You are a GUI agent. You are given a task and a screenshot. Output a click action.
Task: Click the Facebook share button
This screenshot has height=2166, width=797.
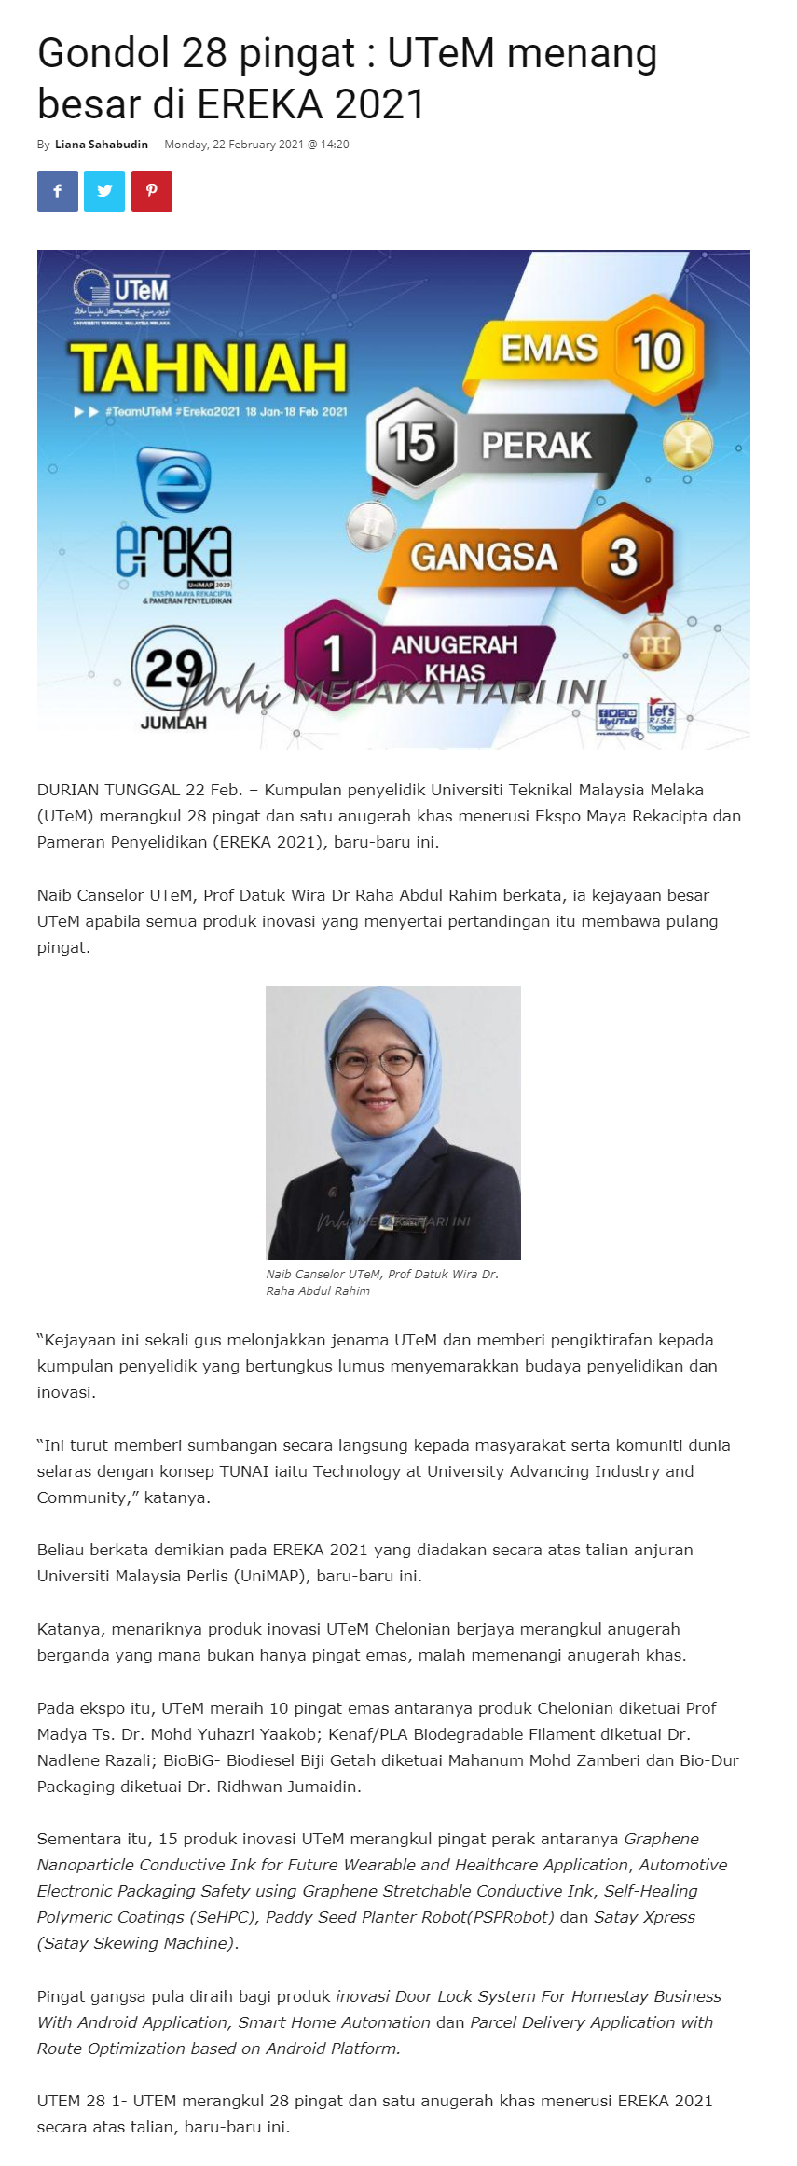58,191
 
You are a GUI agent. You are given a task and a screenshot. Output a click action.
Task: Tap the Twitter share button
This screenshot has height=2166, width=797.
104,191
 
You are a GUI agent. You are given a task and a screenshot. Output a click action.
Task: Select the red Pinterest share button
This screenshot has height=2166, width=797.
152,191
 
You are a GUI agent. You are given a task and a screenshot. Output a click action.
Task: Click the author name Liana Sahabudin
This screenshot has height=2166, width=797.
101,145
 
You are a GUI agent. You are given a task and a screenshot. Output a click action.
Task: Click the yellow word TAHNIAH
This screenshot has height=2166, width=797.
208,367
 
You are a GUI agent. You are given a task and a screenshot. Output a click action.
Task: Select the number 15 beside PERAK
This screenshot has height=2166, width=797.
413,441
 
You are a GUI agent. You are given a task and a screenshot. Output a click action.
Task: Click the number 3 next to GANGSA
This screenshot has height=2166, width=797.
623,557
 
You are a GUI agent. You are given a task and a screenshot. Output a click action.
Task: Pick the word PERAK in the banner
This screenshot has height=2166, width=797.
536,445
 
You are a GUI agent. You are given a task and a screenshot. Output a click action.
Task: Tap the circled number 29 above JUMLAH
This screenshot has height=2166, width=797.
174,668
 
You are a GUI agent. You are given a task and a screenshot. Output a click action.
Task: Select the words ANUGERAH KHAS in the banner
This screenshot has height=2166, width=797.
455,657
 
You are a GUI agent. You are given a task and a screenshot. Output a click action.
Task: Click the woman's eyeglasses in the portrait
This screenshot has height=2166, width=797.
385,1063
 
